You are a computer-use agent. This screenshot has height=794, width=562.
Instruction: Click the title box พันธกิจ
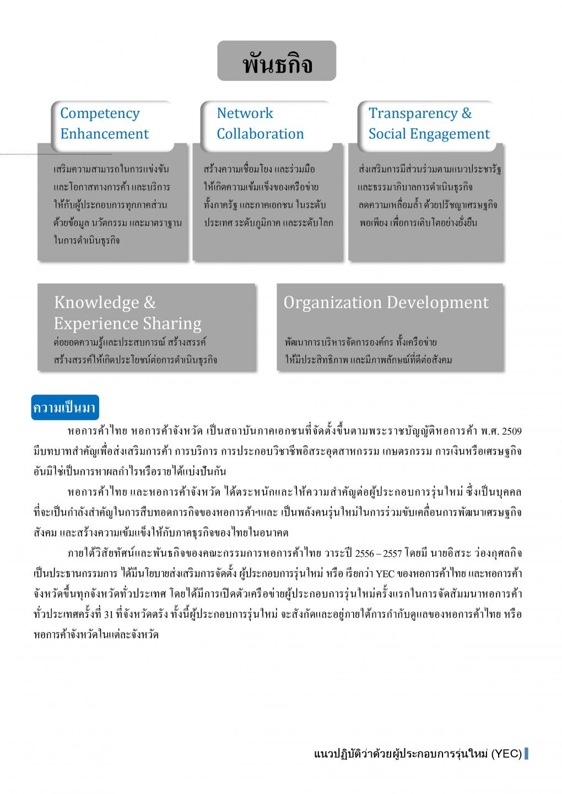coord(277,61)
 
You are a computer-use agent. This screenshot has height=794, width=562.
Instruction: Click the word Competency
coord(100,113)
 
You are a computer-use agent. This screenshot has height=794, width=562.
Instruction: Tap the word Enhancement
coord(104,134)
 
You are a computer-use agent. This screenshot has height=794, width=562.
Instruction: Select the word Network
coord(245,113)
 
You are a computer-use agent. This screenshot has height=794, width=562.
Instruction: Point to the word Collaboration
coord(260,134)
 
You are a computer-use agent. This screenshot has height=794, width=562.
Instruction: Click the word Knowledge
coord(96,302)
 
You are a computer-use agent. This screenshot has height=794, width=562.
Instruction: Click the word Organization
coord(332,302)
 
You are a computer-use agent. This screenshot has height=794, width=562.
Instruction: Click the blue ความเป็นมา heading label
coord(64,408)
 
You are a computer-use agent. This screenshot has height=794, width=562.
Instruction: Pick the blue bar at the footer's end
coord(526,753)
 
